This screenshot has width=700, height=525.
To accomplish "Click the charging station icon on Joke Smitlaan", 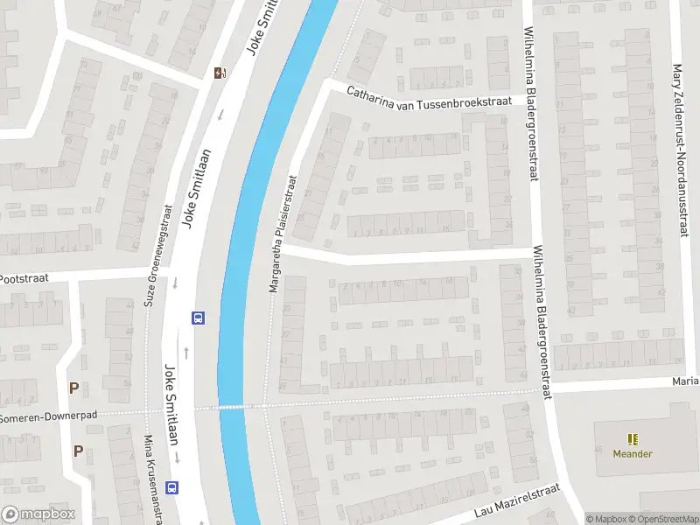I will point(220,73).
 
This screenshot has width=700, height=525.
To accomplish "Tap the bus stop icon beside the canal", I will point(199,318).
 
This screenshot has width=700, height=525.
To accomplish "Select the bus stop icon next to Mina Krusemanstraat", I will point(173,488).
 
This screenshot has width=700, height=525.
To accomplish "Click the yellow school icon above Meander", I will point(632,439).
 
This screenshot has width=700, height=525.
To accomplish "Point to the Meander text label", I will point(632,454).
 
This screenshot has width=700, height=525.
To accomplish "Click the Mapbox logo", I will point(38,514).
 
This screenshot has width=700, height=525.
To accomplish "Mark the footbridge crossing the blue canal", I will point(231,406).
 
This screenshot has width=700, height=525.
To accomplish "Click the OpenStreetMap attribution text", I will point(663,519).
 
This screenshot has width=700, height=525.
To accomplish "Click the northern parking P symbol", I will point(74,388).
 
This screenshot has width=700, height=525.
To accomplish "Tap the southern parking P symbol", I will point(78,451).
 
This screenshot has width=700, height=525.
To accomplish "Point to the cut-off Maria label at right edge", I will point(685,381).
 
